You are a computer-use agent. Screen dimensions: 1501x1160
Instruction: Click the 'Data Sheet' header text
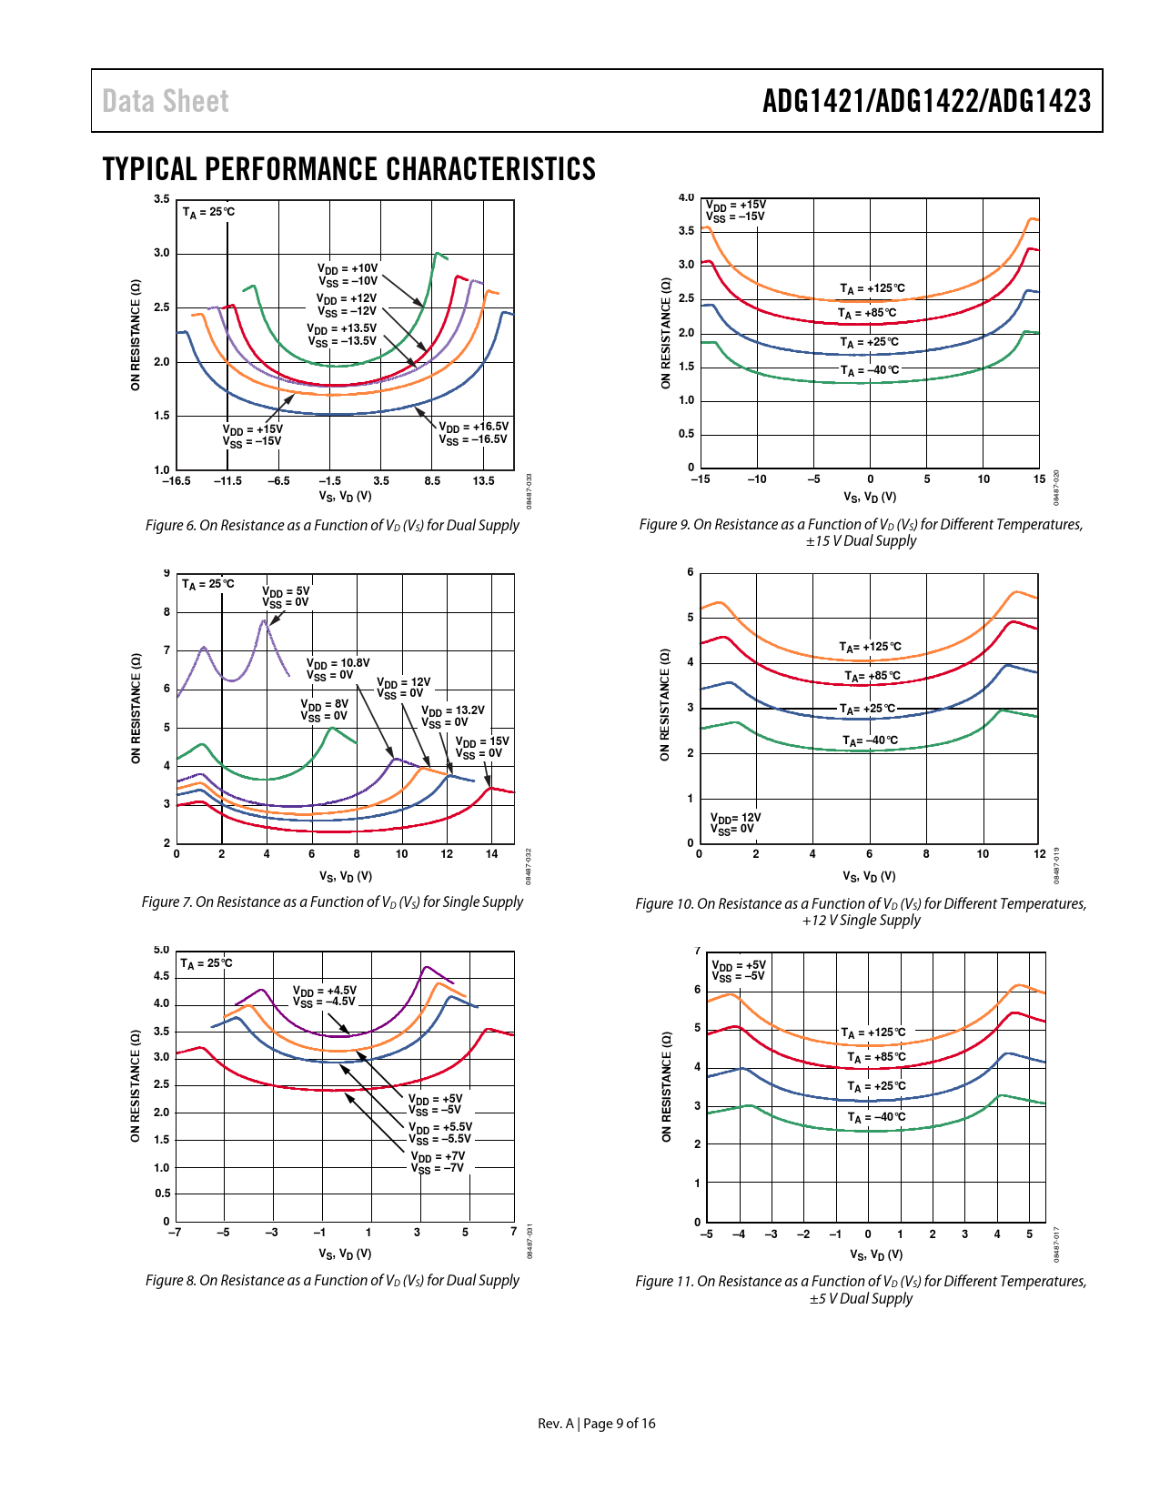coord(166,102)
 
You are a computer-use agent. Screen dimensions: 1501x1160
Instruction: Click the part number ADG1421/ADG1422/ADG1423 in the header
coord(926,101)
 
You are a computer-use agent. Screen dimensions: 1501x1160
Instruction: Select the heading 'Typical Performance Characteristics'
coord(348,169)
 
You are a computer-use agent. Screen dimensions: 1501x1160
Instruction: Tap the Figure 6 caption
coord(332,526)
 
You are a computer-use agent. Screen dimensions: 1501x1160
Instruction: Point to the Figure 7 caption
coord(332,902)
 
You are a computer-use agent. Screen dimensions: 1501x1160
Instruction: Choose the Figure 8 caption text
coord(332,1281)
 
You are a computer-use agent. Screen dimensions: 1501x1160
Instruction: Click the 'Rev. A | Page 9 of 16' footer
coord(596,1424)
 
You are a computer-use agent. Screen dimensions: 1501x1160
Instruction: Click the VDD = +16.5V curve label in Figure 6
coord(473,433)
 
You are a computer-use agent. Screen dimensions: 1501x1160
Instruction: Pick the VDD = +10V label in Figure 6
coord(347,275)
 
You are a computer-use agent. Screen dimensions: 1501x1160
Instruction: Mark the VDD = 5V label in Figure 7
coord(286,597)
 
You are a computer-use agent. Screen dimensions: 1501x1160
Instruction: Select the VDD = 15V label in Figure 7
coord(481,748)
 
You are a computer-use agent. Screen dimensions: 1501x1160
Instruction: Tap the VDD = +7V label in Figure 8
coord(438,1162)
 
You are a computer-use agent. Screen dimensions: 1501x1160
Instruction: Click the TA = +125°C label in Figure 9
coord(872,289)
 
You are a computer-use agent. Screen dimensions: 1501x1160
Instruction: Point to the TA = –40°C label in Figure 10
coord(870,740)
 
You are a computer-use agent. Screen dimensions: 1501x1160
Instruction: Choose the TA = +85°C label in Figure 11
coord(876,1057)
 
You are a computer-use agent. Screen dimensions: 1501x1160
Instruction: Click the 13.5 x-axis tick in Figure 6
coord(483,481)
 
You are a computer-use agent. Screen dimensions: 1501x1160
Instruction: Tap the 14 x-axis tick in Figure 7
coord(491,854)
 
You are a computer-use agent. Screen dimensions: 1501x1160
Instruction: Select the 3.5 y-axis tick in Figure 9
coord(686,231)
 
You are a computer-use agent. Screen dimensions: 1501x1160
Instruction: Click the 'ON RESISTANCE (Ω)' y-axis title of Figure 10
coord(665,705)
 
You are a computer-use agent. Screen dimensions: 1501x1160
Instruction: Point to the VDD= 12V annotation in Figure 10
coord(735,823)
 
